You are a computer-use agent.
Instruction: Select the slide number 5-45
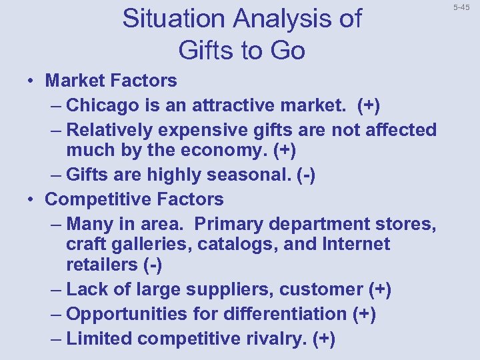(x=461, y=7)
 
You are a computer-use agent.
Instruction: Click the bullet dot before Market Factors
(x=31, y=81)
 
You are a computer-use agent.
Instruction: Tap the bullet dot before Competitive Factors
(x=31, y=199)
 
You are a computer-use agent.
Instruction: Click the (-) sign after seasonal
(x=305, y=175)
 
